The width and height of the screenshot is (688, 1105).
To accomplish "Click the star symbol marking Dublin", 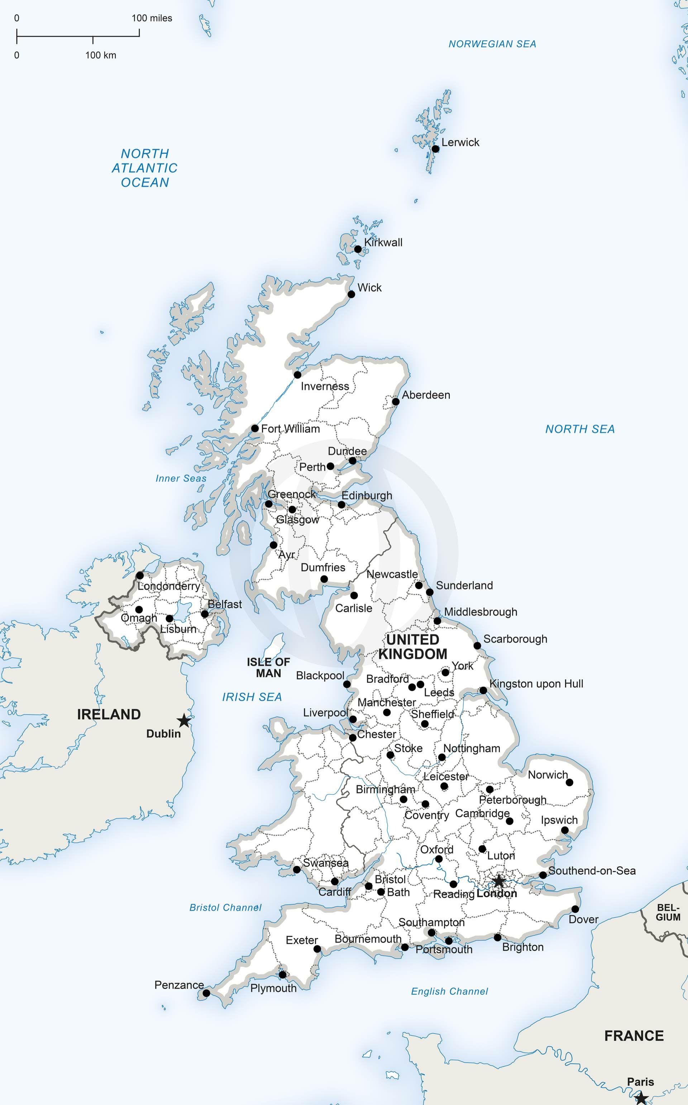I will tap(184, 721).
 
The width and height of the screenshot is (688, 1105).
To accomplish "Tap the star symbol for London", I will tap(499, 881).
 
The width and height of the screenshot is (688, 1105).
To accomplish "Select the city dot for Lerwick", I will tap(435, 149).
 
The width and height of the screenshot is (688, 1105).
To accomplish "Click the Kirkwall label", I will tap(383, 243).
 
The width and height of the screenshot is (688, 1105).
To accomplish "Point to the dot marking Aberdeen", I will tap(396, 401).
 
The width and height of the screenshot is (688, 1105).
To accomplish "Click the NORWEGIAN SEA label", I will tap(492, 44).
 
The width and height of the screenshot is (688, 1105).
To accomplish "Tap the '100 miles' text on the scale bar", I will tap(152, 18).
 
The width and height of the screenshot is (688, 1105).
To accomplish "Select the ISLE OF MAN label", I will tap(268, 668).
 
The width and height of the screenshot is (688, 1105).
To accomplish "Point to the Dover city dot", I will tap(575, 909).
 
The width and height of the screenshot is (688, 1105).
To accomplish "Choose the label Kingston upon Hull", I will tap(536, 684).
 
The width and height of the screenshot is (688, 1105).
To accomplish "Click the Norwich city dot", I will tap(569, 782).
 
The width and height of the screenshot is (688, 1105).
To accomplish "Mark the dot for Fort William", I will tap(255, 428).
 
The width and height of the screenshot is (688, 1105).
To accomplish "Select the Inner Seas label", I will tap(181, 478).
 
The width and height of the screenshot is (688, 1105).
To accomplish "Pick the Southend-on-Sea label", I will tap(592, 871).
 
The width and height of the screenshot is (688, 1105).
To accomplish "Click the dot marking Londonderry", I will tap(140, 575).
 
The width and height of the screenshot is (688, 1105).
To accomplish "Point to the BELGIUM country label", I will tap(668, 913).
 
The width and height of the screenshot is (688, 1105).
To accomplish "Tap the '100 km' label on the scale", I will tap(101, 56).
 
